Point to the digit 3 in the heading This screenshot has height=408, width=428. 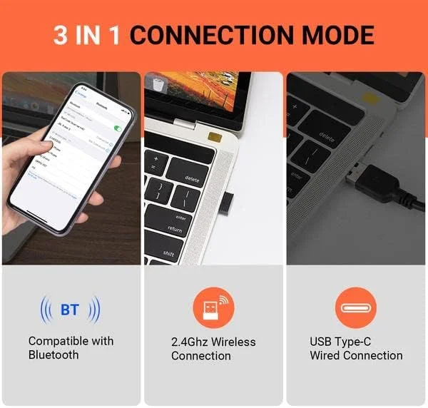point(60,35)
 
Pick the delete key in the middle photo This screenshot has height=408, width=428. point(191,178)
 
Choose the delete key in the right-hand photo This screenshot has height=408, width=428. point(327,136)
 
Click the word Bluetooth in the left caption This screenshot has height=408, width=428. point(53,355)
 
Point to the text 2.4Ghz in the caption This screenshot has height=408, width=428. point(187,342)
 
